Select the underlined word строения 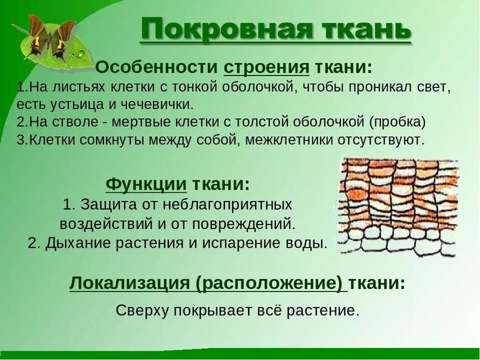click(x=266, y=68)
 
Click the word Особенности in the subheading click(x=156, y=67)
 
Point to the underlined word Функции click(x=146, y=185)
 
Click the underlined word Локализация click(x=129, y=283)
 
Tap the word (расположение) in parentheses click(x=269, y=283)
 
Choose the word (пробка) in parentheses click(x=397, y=122)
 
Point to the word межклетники click(x=289, y=140)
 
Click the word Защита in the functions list click(x=107, y=205)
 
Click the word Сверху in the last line click(x=142, y=311)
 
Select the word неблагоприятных click(x=227, y=205)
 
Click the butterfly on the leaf click(x=52, y=39)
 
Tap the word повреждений click(x=244, y=224)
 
